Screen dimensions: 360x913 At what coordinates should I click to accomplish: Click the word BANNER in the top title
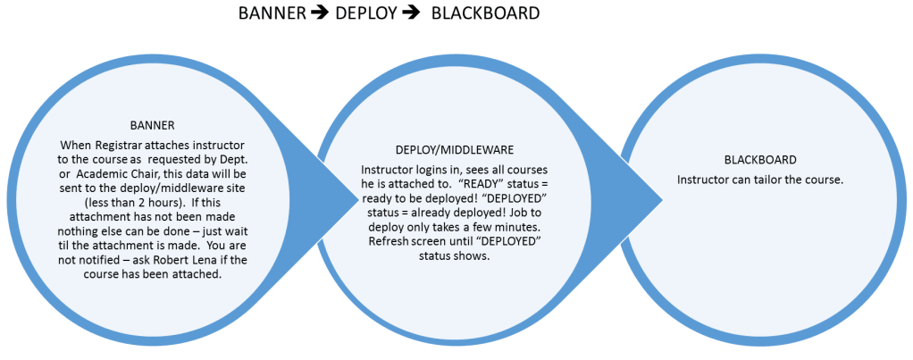pyautogui.click(x=272, y=14)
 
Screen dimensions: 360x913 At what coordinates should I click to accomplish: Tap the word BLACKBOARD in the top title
pyautogui.click(x=485, y=14)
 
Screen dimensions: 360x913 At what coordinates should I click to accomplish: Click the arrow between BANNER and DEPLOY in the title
pyautogui.click(x=319, y=14)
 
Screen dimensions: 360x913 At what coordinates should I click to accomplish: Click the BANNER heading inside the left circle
pyautogui.click(x=145, y=126)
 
